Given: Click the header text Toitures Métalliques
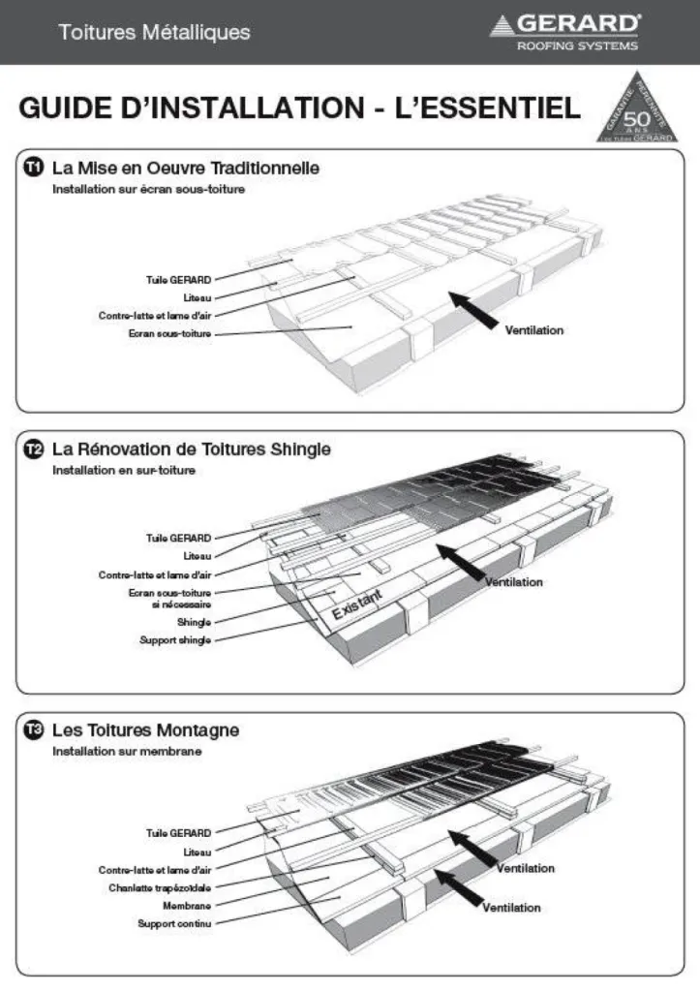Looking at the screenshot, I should (x=154, y=33).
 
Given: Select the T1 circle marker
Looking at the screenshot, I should (x=34, y=169).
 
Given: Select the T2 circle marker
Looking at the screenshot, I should (x=34, y=449).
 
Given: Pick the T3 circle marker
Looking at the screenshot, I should (x=34, y=730).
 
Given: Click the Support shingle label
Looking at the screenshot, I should (x=176, y=640).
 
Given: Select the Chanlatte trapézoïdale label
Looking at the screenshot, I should (x=160, y=886).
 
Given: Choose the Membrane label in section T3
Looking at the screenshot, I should (x=187, y=905).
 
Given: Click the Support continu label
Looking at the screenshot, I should (x=174, y=923).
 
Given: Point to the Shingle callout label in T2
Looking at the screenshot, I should (x=194, y=622).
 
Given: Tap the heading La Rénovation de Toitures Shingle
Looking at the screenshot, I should (x=191, y=449).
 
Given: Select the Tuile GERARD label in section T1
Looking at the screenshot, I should (x=178, y=279).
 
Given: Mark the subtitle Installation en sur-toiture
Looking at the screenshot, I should (x=124, y=470).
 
